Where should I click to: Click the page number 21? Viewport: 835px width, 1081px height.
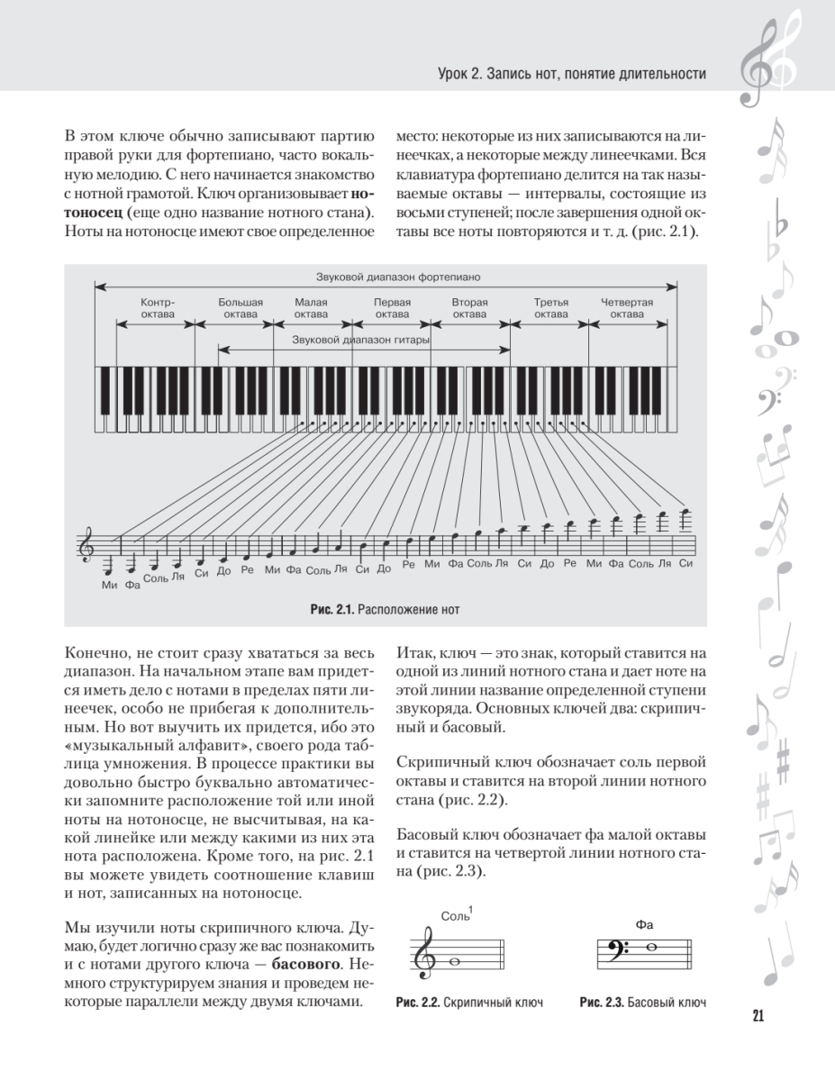758,1017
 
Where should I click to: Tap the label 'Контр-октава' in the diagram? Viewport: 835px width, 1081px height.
158,309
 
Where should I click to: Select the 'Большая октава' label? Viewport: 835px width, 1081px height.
241,309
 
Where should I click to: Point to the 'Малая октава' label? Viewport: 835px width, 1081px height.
311,309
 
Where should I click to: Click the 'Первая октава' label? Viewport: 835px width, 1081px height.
392,309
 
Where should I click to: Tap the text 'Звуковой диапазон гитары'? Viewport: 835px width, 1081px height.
360,341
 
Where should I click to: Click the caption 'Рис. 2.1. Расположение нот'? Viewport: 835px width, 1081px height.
385,610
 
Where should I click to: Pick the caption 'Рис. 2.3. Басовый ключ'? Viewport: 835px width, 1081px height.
642,1003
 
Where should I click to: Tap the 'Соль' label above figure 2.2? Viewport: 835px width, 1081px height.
457,916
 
